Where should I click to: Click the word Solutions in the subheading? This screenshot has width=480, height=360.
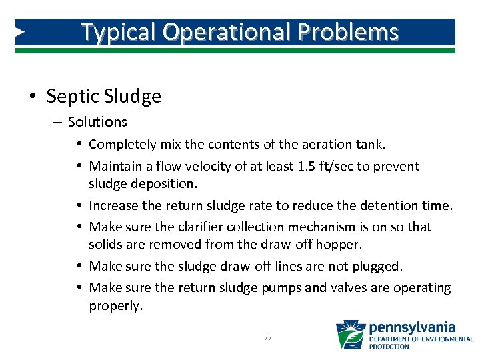[x=97, y=122]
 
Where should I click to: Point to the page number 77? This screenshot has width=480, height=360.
[x=268, y=337]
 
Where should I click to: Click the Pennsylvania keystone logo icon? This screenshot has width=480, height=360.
[x=350, y=335]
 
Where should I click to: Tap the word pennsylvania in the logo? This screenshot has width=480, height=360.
[x=412, y=327]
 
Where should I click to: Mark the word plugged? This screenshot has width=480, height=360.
[x=375, y=266]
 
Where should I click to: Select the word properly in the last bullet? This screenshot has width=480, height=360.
[x=115, y=306]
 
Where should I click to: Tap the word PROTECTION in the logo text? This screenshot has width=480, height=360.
[x=389, y=347]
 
